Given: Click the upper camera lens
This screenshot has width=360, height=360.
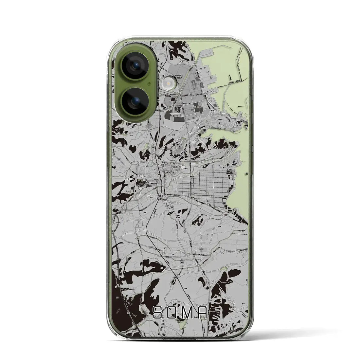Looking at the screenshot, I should pos(135,66).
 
